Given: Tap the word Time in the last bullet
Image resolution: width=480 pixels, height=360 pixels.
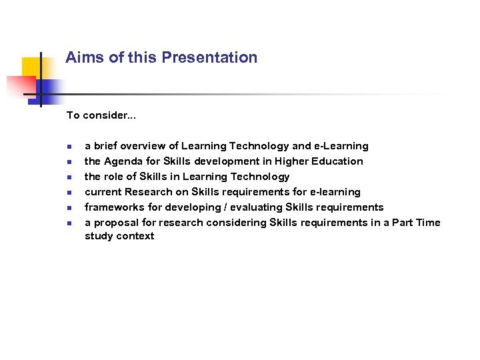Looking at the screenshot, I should (x=427, y=223).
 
